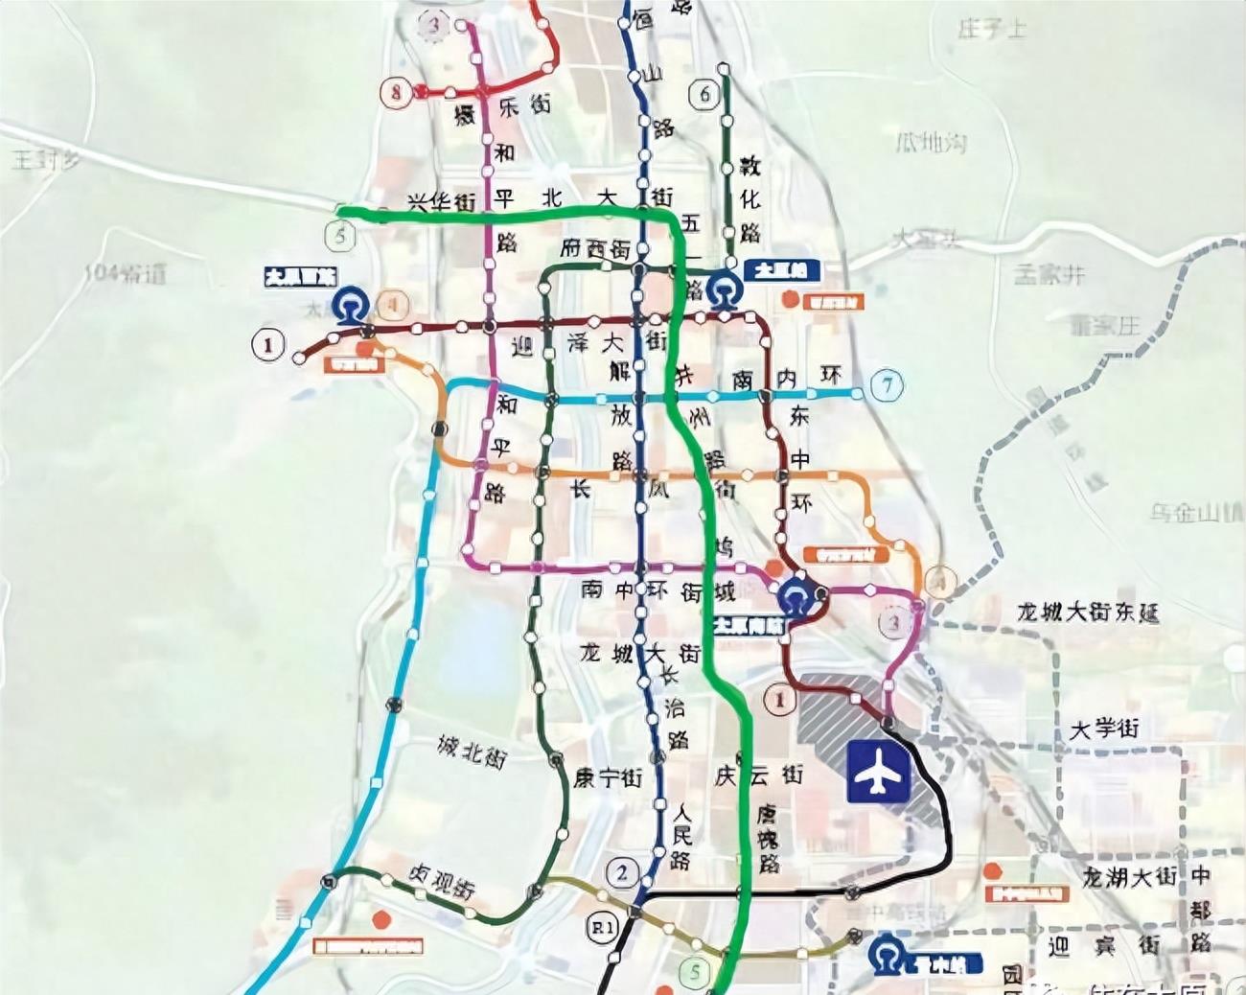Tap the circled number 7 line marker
coord(888,385)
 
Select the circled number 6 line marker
coord(705,94)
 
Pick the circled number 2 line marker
coord(622,872)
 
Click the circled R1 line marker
coord(602,927)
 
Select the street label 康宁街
coord(608,777)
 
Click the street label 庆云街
coord(758,774)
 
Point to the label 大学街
coord(1104,729)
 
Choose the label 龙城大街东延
coord(1088,612)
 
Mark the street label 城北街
coord(471,752)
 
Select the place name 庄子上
coord(991,29)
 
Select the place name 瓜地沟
coord(931,144)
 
